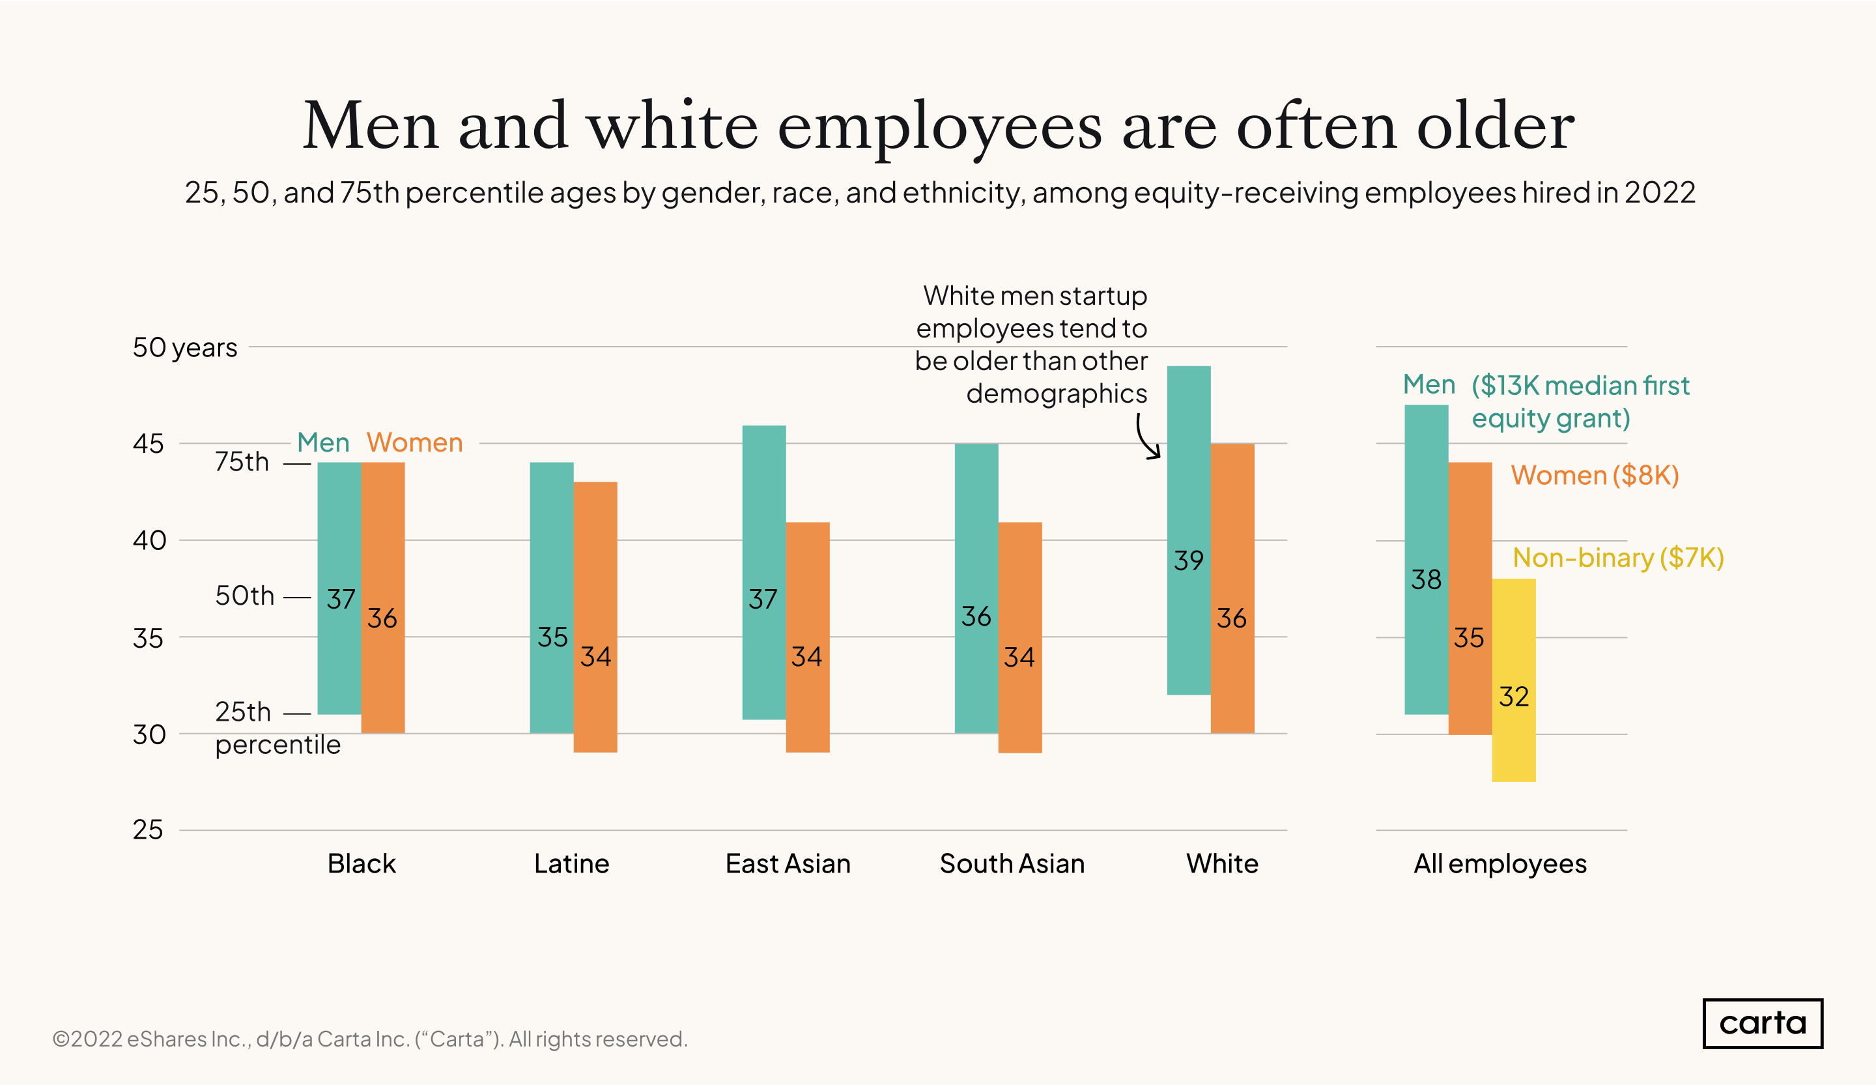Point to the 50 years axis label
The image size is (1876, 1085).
(184, 348)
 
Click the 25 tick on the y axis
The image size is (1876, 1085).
(147, 830)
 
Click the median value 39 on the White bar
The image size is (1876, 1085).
(1188, 560)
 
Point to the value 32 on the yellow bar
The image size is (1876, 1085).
(1513, 696)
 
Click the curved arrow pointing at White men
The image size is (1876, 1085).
(1147, 438)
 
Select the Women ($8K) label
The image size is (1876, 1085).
(1595, 475)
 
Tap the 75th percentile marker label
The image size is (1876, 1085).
(242, 462)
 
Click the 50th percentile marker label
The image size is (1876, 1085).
(245, 596)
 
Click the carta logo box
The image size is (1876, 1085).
(1762, 1023)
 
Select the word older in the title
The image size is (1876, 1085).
(1495, 126)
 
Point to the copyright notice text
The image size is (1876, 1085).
(370, 1039)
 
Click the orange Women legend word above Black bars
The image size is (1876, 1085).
(415, 442)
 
